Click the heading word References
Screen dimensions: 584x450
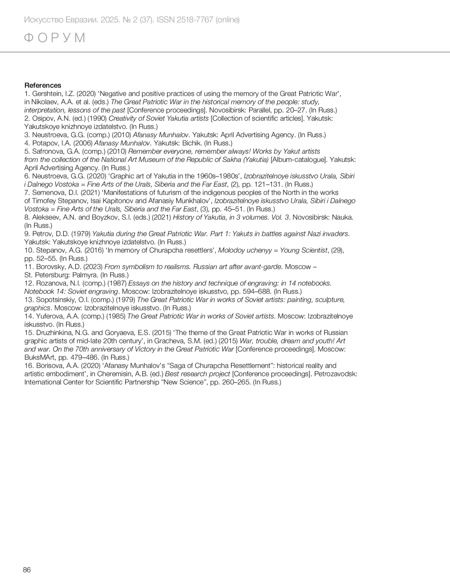[x=43, y=85]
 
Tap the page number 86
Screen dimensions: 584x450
[x=27, y=570]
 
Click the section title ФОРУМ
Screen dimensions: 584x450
[x=55, y=38]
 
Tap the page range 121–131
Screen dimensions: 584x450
[x=267, y=184]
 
